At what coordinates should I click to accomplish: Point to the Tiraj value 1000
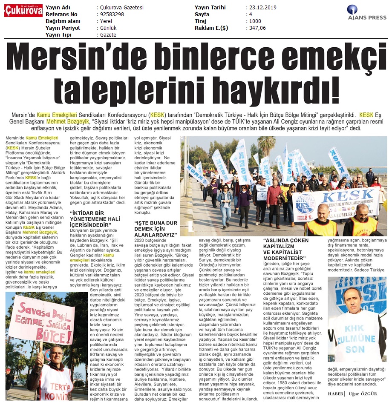tap(255, 21)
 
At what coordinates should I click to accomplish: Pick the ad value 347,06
tap(258, 28)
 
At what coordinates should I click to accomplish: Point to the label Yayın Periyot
tap(63, 28)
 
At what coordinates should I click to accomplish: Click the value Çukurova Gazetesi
tap(121, 8)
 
